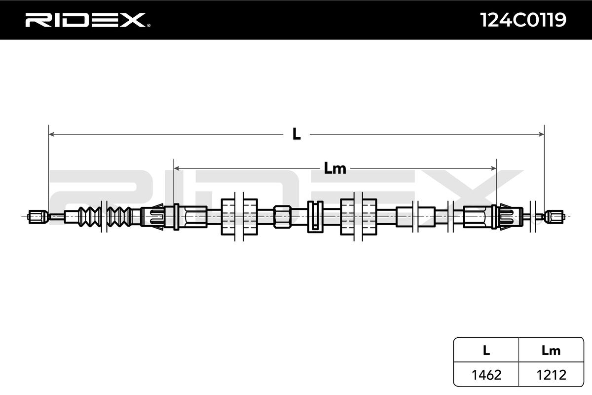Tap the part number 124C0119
click(x=523, y=20)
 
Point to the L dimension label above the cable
click(x=296, y=134)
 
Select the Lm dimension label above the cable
click(x=335, y=169)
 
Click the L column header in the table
click(x=486, y=351)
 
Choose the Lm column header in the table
click(x=551, y=351)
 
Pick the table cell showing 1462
click(x=486, y=375)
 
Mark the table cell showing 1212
click(x=551, y=375)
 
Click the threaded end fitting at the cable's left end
click(x=37, y=216)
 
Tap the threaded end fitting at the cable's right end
click(x=554, y=216)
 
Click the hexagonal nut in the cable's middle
click(x=283, y=216)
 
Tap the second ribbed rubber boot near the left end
click(x=117, y=216)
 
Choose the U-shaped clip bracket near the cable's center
click(x=314, y=216)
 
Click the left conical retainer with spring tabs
click(x=153, y=216)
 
